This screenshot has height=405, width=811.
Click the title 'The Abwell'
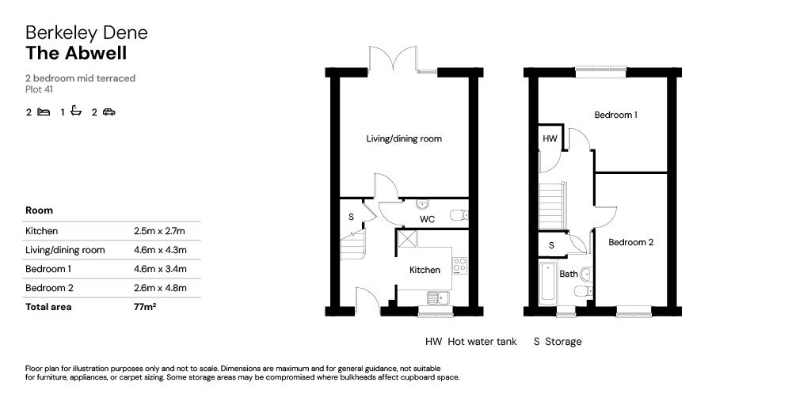[76, 54]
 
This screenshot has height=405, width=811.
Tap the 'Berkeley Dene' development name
[86, 32]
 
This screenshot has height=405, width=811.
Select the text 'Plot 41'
[39, 89]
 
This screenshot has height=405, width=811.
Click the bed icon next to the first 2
[44, 112]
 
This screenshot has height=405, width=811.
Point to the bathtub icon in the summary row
[76, 112]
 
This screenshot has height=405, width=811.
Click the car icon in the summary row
[109, 112]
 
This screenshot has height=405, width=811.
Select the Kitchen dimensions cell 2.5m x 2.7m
[159, 231]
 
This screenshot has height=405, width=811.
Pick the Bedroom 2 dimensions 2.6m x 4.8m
[160, 288]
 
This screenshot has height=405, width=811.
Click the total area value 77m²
[145, 307]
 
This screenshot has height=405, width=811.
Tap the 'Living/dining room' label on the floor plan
[403, 139]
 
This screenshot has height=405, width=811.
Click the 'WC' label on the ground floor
[427, 218]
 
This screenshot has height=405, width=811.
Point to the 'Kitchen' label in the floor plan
[425, 271]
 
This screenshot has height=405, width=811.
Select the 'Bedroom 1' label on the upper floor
[616, 115]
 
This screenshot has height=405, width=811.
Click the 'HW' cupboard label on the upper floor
[550, 138]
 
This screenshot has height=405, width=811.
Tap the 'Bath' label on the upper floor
[569, 274]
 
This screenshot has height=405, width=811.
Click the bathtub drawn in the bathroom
[547, 284]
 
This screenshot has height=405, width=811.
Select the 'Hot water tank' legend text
[482, 342]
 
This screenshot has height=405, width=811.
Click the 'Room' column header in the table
[40, 211]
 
